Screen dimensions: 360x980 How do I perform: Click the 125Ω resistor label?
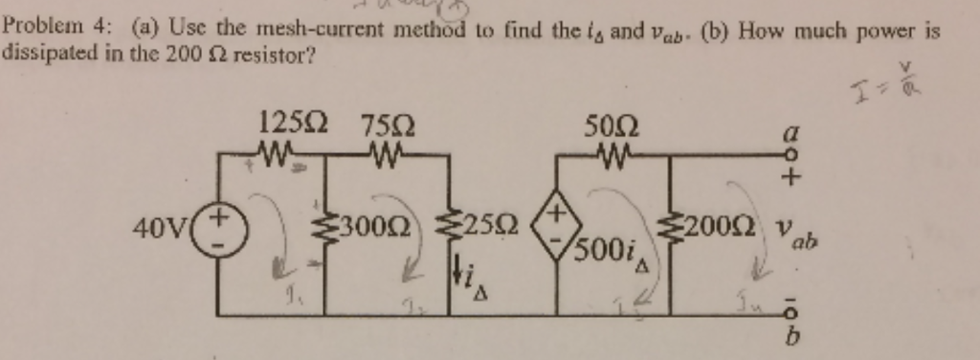[291, 124]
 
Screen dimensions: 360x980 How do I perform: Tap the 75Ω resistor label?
[388, 125]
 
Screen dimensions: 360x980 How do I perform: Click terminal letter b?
[789, 339]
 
